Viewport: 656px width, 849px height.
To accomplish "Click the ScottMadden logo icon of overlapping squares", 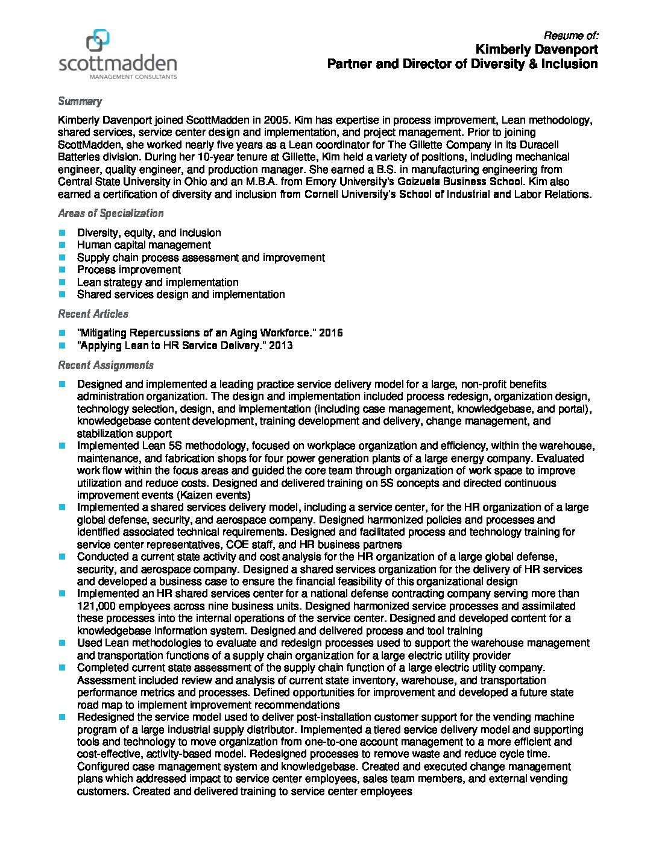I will [x=98, y=40].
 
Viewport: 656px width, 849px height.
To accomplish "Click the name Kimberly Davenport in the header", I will [x=537, y=49].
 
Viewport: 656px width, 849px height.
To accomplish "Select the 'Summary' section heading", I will [x=80, y=101].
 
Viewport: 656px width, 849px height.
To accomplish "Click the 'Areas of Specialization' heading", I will [x=110, y=213].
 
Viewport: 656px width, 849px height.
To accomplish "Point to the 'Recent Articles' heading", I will [x=93, y=314].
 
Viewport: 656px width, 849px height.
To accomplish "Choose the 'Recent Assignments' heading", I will [x=106, y=365].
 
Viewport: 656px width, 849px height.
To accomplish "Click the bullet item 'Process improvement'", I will [x=128, y=270].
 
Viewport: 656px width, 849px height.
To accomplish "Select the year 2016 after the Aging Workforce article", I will [x=330, y=333].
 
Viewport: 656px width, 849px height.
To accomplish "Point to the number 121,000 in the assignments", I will [x=96, y=606].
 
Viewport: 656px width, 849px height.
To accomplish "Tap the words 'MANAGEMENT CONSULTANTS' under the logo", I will [x=133, y=77].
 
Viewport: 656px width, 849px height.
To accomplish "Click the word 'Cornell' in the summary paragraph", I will [x=325, y=194].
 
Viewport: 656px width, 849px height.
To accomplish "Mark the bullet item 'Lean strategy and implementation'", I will [x=157, y=282].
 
